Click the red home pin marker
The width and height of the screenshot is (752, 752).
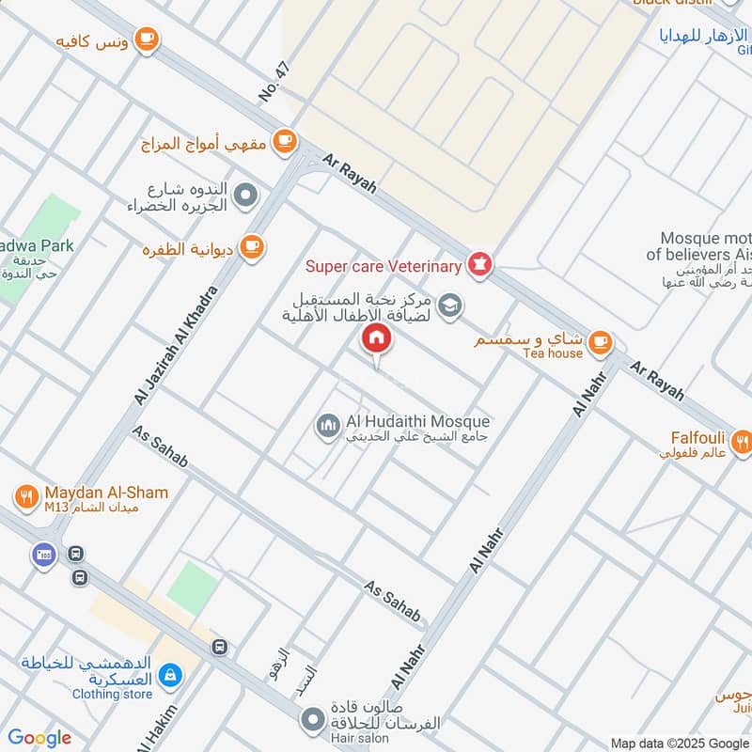(376, 338)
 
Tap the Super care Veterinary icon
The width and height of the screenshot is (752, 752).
(480, 266)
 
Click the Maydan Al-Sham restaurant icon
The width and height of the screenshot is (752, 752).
(25, 495)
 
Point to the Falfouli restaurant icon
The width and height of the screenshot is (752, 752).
(742, 440)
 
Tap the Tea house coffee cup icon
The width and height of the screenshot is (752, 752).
(602, 343)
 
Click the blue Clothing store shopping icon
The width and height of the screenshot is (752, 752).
(171, 674)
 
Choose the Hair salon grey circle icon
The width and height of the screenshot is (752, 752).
(313, 721)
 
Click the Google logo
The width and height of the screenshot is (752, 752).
(39, 738)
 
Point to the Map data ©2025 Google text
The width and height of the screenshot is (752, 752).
(679, 742)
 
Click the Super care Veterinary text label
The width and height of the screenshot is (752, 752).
(384, 267)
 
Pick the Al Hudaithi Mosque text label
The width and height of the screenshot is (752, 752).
(417, 422)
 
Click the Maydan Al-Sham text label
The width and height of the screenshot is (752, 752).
(105, 493)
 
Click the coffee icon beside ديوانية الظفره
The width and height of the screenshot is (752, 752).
(251, 247)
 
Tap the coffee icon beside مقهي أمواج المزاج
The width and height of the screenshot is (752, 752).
(284, 142)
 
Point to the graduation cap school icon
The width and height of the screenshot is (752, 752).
(451, 304)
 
